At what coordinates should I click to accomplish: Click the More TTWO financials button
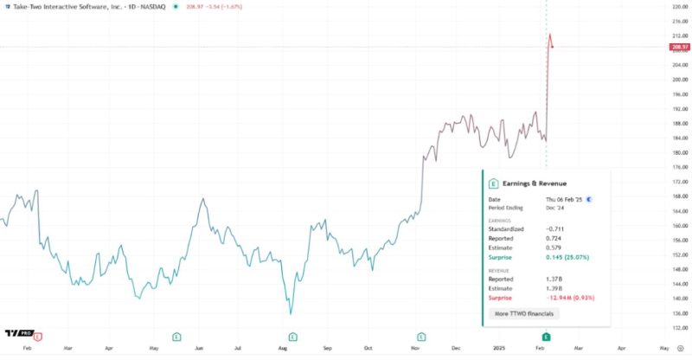point(524,312)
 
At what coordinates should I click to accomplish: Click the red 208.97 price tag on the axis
point(678,47)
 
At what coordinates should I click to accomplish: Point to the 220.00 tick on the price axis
point(678,6)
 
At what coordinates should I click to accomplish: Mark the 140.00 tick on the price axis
point(678,299)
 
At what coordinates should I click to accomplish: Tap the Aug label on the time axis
point(282,346)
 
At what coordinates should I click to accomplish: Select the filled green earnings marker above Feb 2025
point(546,335)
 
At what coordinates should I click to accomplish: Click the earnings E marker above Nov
point(421,335)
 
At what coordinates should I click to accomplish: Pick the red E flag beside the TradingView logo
point(37,335)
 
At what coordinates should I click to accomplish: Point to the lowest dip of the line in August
point(290,313)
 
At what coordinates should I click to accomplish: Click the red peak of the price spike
point(550,35)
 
